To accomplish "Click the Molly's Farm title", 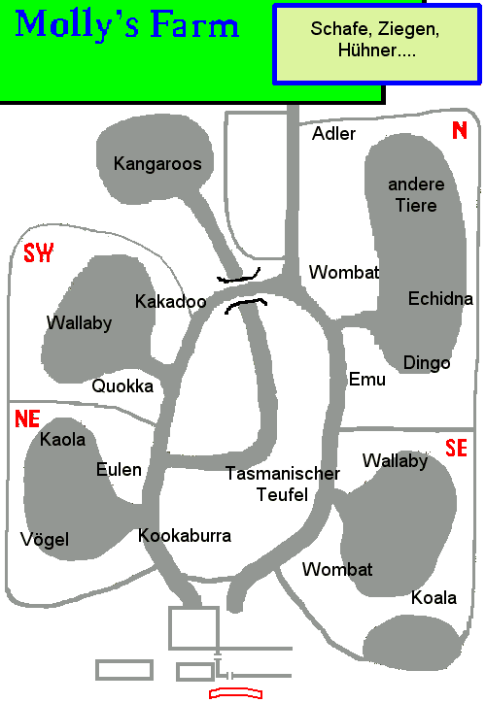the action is pyautogui.click(x=127, y=25).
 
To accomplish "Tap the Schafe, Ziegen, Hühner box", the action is pyautogui.click(x=377, y=44).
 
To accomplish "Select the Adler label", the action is pyautogui.click(x=333, y=134).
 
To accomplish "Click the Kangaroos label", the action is pyautogui.click(x=157, y=164).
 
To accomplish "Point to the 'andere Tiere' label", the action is pyautogui.click(x=416, y=194).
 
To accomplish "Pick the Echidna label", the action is pyautogui.click(x=440, y=299).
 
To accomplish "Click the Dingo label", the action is pyautogui.click(x=427, y=363).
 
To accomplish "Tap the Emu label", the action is pyautogui.click(x=367, y=380).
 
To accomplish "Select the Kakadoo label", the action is pyautogui.click(x=170, y=301).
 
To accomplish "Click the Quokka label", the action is pyautogui.click(x=122, y=386).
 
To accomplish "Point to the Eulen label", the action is pyautogui.click(x=119, y=469).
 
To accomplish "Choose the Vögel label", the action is pyautogui.click(x=45, y=539).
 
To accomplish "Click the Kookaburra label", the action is pyautogui.click(x=185, y=535).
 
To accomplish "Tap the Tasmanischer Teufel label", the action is pyautogui.click(x=282, y=485).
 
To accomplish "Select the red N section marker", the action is pyautogui.click(x=460, y=130).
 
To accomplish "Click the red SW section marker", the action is pyautogui.click(x=39, y=253).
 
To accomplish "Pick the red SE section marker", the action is pyautogui.click(x=457, y=448).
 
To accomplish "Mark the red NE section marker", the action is pyautogui.click(x=27, y=418).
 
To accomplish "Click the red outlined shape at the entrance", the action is pyautogui.click(x=235, y=693).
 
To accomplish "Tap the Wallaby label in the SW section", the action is pyautogui.click(x=79, y=322).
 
